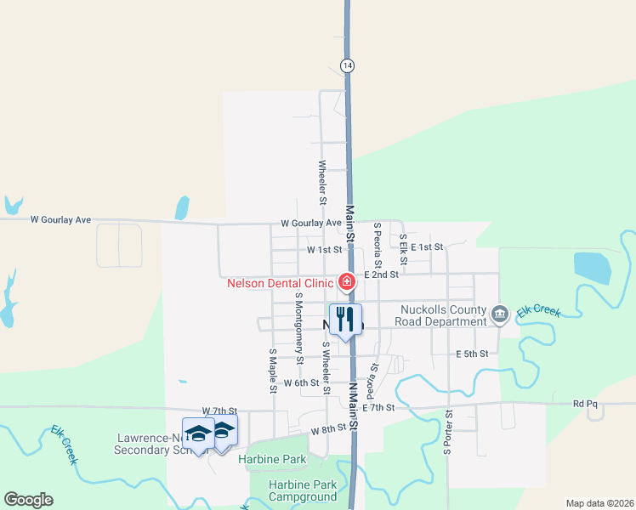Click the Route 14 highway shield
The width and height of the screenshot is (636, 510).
[346, 65]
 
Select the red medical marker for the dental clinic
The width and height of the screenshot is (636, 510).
[347, 281]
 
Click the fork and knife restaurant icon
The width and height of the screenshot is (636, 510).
[345, 320]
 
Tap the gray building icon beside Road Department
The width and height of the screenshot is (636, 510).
[500, 315]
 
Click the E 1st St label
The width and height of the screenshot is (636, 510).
[427, 246]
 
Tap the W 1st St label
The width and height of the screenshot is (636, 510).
[324, 250]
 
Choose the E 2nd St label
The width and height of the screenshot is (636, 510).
[381, 275]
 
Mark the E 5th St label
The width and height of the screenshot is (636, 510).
[472, 354]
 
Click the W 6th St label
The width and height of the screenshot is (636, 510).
[301, 383]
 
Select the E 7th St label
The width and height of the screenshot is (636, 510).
[378, 408]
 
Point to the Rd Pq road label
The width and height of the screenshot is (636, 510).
[585, 404]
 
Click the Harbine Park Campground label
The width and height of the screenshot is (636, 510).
[302, 490]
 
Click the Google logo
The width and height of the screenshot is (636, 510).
[28, 500]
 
